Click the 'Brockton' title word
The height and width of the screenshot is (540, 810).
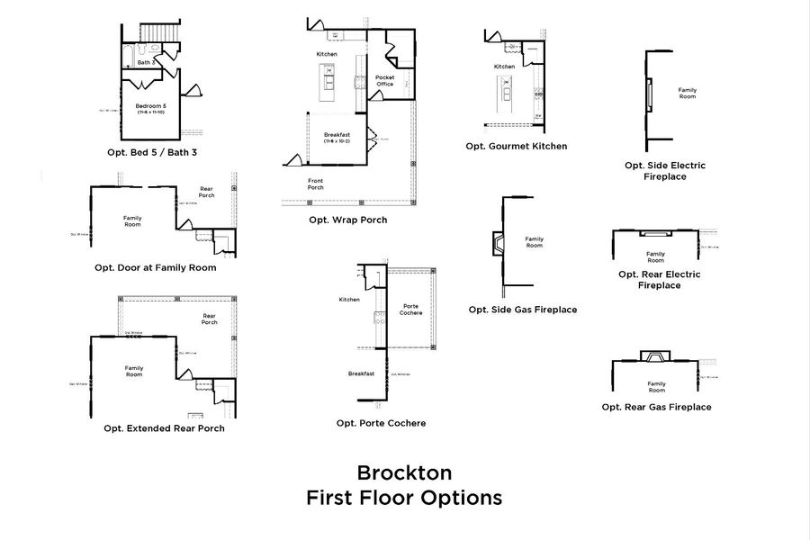pyautogui.click(x=404, y=472)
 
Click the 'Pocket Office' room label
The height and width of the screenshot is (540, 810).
pyautogui.click(x=385, y=81)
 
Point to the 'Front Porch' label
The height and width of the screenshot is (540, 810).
pyautogui.click(x=316, y=184)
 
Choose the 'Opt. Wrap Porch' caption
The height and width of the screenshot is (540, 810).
pyautogui.click(x=347, y=220)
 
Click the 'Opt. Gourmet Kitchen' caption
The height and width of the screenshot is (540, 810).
pyautogui.click(x=516, y=145)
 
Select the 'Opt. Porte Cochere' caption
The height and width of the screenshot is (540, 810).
pyautogui.click(x=381, y=423)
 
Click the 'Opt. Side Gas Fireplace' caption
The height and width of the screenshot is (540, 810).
pyautogui.click(x=522, y=310)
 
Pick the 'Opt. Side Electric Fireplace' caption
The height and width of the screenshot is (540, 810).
pyautogui.click(x=664, y=171)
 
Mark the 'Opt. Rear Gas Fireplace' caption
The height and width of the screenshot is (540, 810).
pyautogui.click(x=656, y=407)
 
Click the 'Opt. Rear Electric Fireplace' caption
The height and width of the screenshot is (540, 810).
pyautogui.click(x=659, y=280)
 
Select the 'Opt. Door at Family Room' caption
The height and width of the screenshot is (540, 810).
pyautogui.click(x=155, y=267)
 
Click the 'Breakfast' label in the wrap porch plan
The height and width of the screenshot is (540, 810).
pyautogui.click(x=337, y=135)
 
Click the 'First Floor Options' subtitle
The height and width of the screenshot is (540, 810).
pyautogui.click(x=404, y=498)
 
